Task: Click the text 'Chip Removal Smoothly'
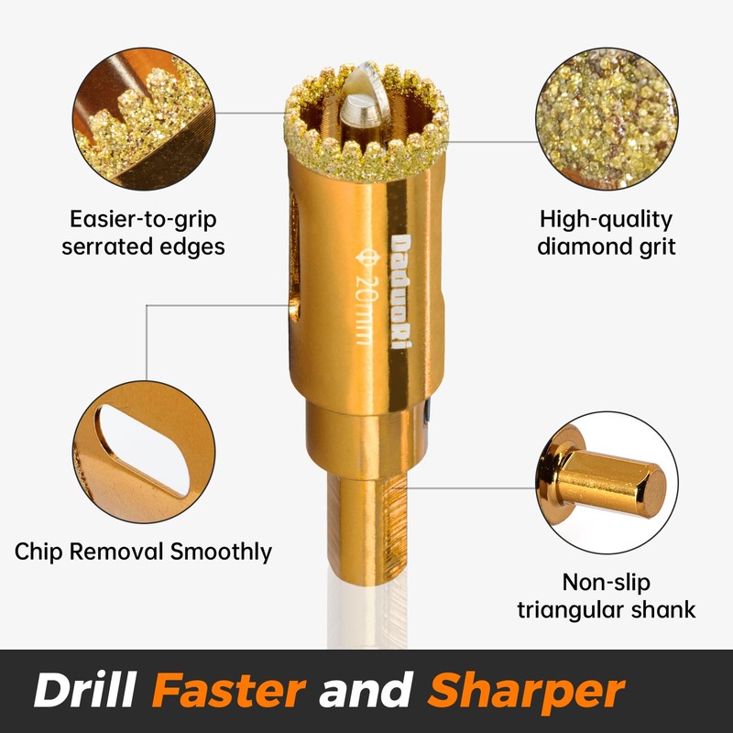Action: pyautogui.click(x=143, y=552)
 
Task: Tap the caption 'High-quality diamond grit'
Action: pyautogui.click(x=606, y=233)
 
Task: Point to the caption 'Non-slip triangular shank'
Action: pyautogui.click(x=606, y=596)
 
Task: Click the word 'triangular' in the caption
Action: pyautogui.click(x=574, y=609)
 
